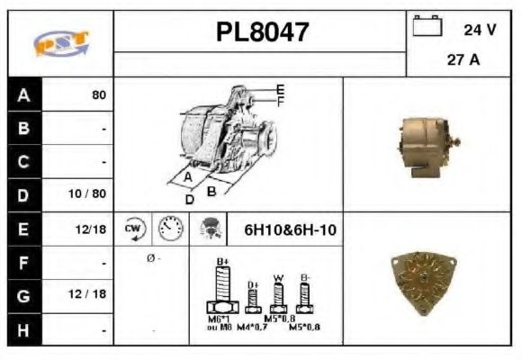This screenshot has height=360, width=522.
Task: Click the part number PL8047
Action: [262, 32]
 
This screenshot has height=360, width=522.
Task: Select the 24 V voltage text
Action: [479, 29]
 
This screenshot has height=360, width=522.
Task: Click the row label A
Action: [23, 94]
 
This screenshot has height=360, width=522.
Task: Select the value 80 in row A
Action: [98, 94]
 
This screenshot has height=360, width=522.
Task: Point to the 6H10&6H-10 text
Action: [290, 230]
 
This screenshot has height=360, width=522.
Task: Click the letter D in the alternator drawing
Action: [189, 199]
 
